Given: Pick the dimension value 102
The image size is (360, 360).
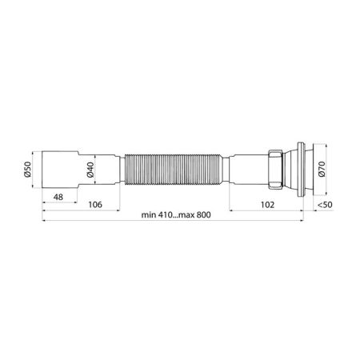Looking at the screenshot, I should click(270, 204).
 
